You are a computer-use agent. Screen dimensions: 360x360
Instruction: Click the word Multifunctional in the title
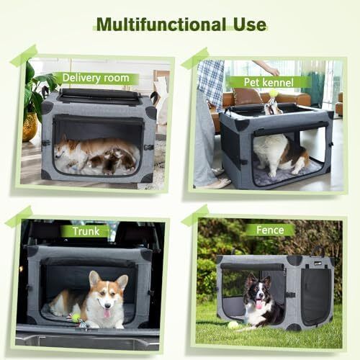161,24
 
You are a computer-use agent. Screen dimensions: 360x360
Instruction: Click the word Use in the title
250,24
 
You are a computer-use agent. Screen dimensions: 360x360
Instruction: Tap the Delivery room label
96,78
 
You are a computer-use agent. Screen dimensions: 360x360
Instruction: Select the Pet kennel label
269,82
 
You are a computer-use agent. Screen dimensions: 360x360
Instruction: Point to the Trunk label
86,231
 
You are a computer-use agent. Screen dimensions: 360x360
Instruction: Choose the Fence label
270,230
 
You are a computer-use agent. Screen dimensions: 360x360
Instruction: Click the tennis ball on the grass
233,325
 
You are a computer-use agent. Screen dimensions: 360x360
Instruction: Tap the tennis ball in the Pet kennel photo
273,92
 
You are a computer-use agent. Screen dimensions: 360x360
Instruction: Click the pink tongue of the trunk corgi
107,313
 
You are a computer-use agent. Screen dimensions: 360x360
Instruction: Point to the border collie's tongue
260,304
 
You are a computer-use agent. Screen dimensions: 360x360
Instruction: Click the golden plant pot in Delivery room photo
30,127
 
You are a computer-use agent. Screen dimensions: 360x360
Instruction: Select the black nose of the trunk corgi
108,305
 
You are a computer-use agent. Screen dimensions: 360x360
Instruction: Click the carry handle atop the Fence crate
318,251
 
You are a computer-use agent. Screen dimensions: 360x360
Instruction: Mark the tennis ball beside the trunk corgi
76,318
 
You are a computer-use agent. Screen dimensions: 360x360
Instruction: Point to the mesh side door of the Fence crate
316,295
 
